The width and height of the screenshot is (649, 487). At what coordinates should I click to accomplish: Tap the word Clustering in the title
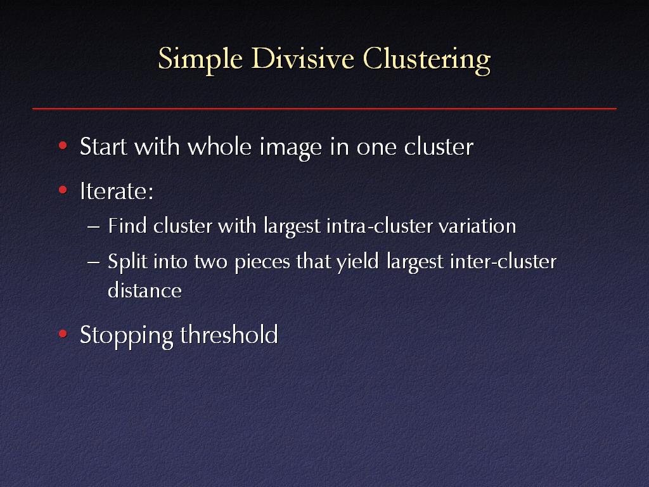click(427, 60)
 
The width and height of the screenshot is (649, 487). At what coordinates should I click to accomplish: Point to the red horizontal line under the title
click(324, 109)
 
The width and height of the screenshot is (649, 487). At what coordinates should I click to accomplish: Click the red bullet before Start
click(62, 146)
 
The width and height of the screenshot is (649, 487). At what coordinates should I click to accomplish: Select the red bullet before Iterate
click(62, 190)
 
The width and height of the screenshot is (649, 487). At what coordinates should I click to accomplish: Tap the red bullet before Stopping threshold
click(62, 334)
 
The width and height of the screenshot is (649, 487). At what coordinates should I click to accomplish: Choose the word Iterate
click(116, 190)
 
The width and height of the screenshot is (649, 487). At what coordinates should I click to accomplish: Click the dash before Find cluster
click(94, 226)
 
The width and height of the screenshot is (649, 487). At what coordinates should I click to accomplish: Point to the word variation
click(479, 226)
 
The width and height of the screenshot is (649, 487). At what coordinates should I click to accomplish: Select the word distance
click(145, 290)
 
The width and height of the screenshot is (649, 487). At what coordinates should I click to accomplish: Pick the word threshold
click(229, 334)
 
